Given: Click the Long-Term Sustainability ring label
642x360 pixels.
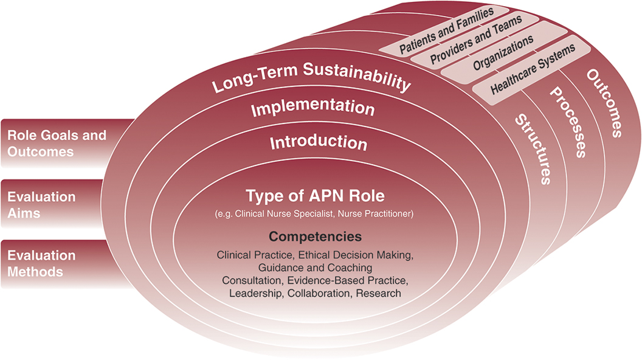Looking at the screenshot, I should (x=311, y=82).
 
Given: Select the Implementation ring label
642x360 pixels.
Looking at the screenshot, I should (x=312, y=109).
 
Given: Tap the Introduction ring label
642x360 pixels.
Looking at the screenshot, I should (x=318, y=143).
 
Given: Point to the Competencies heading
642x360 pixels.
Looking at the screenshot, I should (x=315, y=237).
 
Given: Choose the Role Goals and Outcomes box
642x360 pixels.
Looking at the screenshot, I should (x=57, y=142).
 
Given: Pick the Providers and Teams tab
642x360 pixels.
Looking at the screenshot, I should (x=476, y=41).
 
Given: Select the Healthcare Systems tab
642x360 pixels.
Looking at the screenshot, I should (x=533, y=71).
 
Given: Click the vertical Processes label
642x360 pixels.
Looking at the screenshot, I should (x=568, y=122).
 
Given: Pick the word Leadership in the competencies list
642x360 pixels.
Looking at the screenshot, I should (x=255, y=293).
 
